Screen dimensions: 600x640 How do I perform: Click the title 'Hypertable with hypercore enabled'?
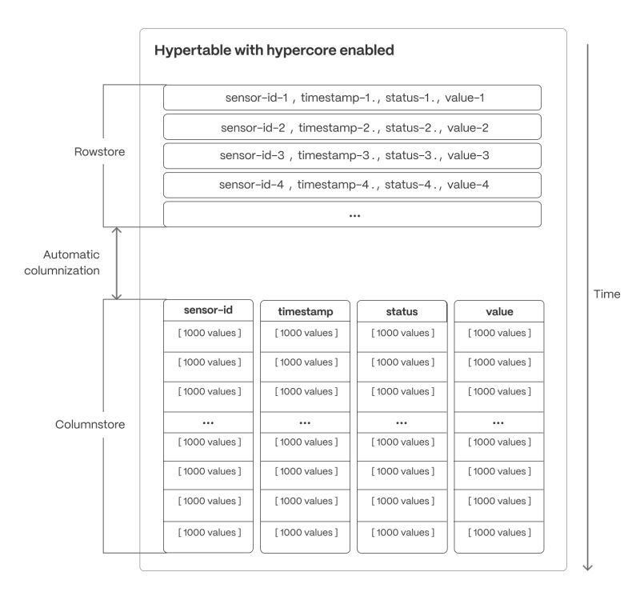(x=274, y=51)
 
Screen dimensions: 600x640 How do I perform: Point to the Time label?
(x=607, y=294)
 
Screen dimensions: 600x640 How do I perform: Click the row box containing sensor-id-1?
(x=353, y=98)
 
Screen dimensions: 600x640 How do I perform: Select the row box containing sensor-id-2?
(x=353, y=126)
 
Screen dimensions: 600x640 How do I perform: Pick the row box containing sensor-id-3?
(x=353, y=155)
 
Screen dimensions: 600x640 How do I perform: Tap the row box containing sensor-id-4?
(x=353, y=184)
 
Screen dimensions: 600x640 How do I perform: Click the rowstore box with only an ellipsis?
(x=353, y=214)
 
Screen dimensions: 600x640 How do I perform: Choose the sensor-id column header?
(x=208, y=310)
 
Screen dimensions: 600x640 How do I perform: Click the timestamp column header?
(x=305, y=311)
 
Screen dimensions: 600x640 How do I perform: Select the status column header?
(x=402, y=311)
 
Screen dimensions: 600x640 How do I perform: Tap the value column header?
(x=498, y=311)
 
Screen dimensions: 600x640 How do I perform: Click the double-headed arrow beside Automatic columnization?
(x=118, y=263)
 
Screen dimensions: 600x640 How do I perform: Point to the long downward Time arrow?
(x=588, y=304)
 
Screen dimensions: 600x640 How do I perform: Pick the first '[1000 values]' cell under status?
(x=402, y=333)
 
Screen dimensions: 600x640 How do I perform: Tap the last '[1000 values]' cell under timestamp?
(x=305, y=531)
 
